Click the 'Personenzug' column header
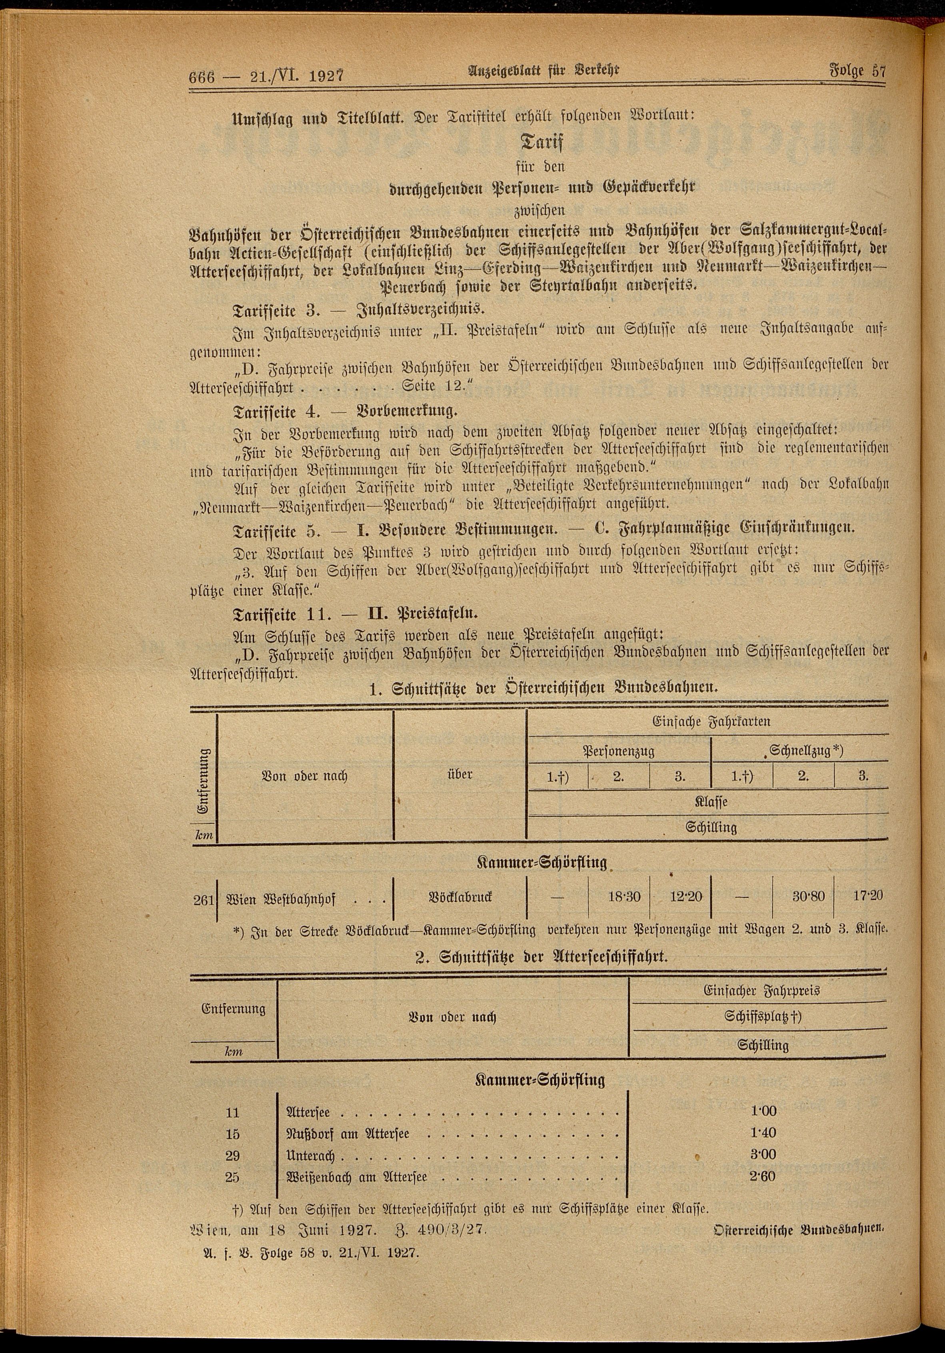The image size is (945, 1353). [619, 752]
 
